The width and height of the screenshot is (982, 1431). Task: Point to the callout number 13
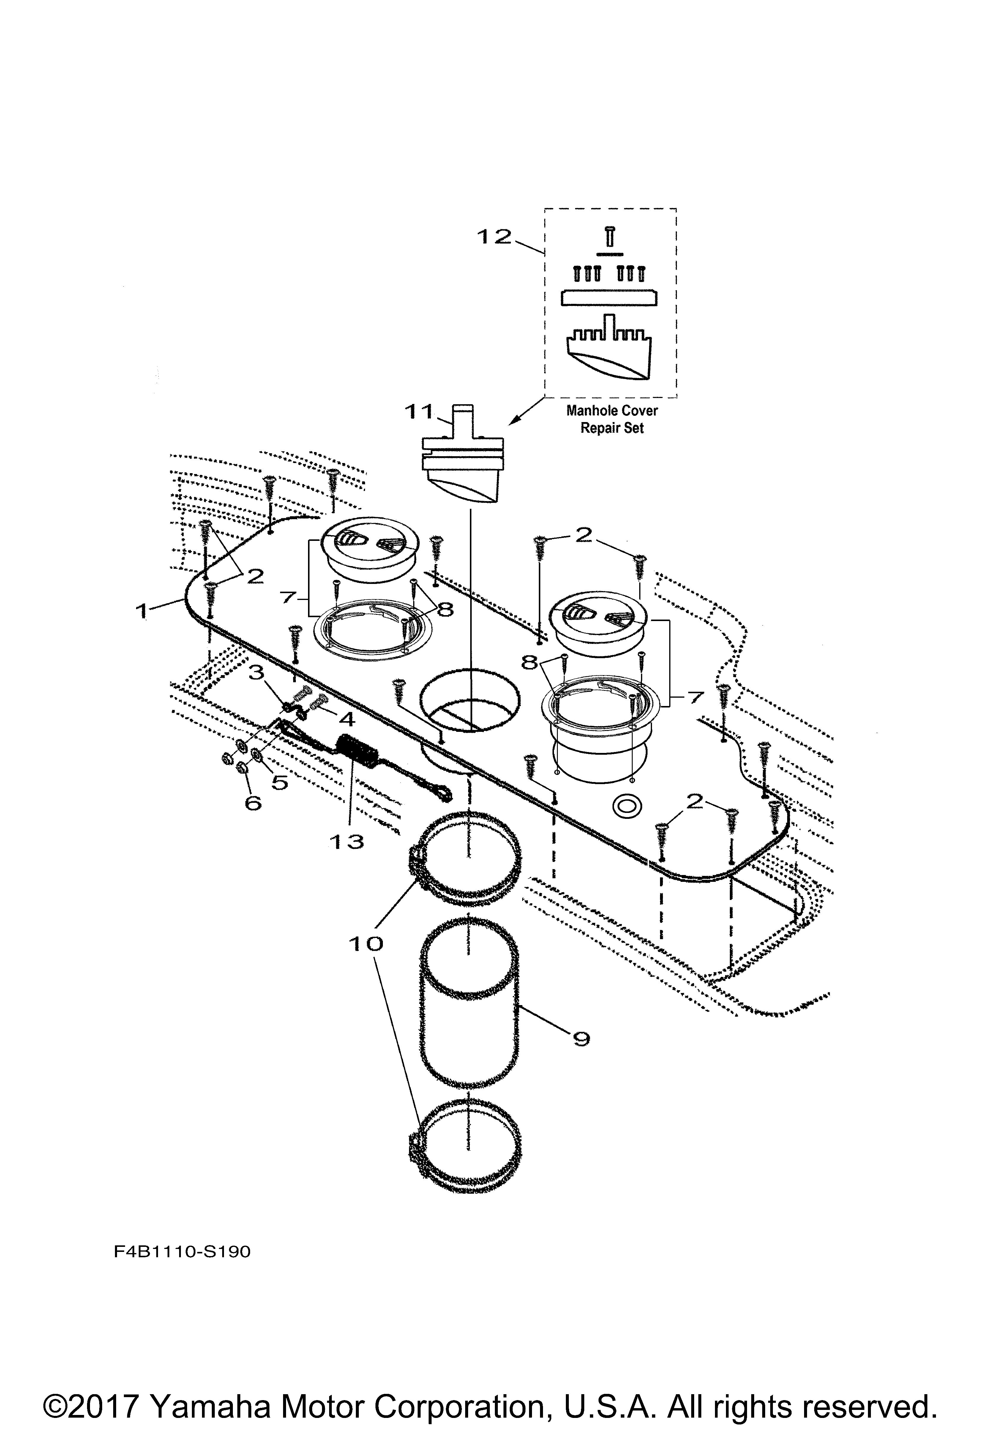347,841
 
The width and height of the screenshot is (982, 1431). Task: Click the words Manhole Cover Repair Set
611,419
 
